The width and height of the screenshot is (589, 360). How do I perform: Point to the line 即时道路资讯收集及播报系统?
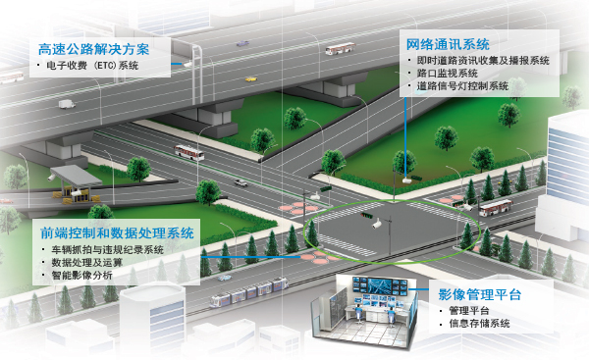click(482, 60)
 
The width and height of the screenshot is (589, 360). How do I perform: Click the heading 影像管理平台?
click(480, 294)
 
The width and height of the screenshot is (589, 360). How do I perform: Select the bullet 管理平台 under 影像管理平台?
click(467, 310)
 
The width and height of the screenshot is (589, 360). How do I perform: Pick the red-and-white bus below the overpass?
click(188, 153)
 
